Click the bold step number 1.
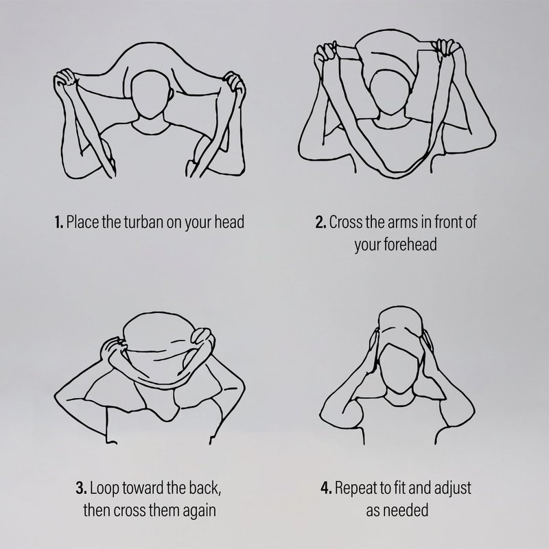coord(59,222)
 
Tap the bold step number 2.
coord(320,222)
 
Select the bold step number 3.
coord(81,488)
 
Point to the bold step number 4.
coord(326,488)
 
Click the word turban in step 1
coord(143,222)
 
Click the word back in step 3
coord(205,488)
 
